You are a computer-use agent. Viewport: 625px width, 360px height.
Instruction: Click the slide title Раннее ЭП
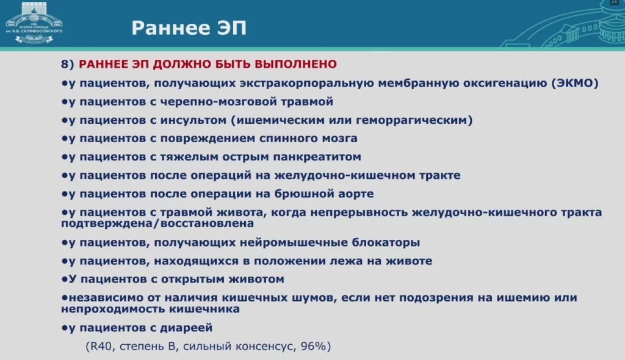pyautogui.click(x=189, y=28)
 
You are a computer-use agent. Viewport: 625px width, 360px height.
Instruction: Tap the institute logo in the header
pyautogui.click(x=34, y=23)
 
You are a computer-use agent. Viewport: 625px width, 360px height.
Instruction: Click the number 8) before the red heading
pyautogui.click(x=67, y=64)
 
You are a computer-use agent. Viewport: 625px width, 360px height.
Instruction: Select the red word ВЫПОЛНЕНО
pyautogui.click(x=296, y=64)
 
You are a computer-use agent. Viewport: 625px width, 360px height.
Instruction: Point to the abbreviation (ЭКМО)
pyautogui.click(x=575, y=83)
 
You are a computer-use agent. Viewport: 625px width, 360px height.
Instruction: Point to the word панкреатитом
pyautogui.click(x=317, y=157)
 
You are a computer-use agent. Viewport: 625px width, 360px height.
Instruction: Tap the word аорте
pyautogui.click(x=355, y=194)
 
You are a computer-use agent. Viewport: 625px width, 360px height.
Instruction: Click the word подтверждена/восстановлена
pyautogui.click(x=157, y=223)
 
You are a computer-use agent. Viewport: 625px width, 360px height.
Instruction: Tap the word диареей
pyautogui.click(x=186, y=328)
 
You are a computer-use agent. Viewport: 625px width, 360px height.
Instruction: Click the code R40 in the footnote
pyautogui.click(x=101, y=346)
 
